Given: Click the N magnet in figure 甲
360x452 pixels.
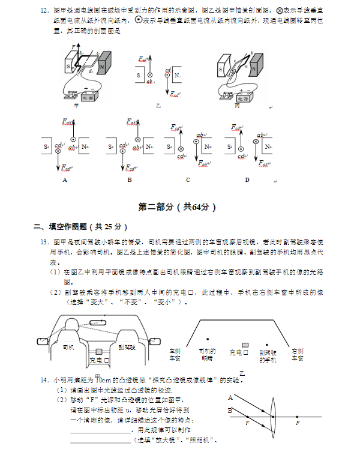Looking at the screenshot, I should click(x=102, y=64).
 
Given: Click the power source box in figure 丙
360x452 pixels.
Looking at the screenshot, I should click(x=243, y=97).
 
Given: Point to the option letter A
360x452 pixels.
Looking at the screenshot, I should click(x=64, y=179).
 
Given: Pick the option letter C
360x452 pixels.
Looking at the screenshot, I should click(x=188, y=179).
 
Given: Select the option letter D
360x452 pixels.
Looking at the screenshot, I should click(x=247, y=179).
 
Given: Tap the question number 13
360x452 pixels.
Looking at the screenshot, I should click(x=44, y=242).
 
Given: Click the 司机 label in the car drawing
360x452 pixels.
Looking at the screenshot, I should click(x=68, y=347).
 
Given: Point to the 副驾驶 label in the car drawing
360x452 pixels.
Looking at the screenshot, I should click(x=127, y=347).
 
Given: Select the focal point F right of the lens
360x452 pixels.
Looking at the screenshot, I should click(x=298, y=423).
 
